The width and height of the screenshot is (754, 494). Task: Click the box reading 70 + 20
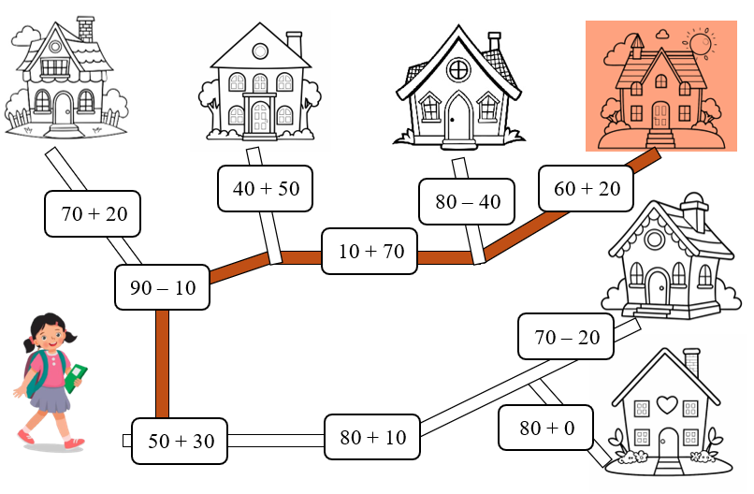click(x=93, y=214)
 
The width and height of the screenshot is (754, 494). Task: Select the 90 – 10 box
click(x=162, y=287)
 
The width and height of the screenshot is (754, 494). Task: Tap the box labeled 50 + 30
click(x=180, y=442)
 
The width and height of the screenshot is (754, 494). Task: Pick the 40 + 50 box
click(x=266, y=188)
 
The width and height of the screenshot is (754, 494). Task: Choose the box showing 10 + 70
click(x=370, y=251)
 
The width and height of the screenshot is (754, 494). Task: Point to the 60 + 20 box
click(x=587, y=188)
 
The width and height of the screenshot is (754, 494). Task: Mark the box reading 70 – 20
click(x=567, y=337)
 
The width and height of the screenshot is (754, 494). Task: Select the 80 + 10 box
click(x=372, y=437)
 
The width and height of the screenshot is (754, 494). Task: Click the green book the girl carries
click(x=76, y=377)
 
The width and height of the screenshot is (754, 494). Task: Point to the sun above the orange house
click(x=699, y=43)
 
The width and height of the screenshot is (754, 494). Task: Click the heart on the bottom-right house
click(x=666, y=404)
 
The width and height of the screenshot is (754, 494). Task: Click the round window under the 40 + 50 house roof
click(x=259, y=51)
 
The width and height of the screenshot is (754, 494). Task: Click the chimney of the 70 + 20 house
click(x=86, y=28)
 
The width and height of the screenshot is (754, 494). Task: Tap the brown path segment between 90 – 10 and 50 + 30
click(x=162, y=364)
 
